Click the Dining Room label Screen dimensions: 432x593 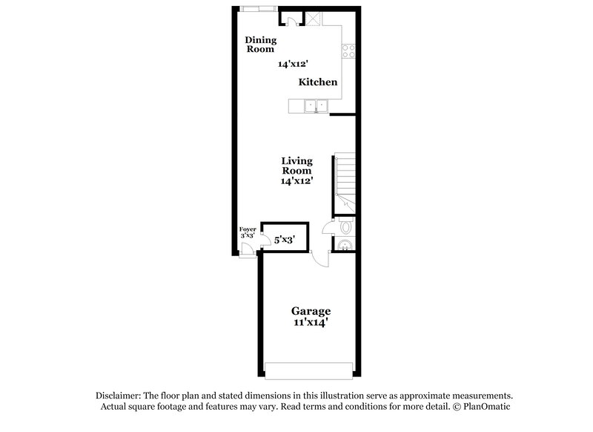260,45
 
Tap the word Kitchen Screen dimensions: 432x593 318,82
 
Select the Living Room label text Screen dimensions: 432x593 296,166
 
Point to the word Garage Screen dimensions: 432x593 311,311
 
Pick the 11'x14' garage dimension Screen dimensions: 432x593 311,323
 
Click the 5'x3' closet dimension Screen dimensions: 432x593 285,240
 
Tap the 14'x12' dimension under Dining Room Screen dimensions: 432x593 293,65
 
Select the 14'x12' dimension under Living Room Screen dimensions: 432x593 296,180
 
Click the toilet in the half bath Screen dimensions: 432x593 345,227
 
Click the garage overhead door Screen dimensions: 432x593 308,370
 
